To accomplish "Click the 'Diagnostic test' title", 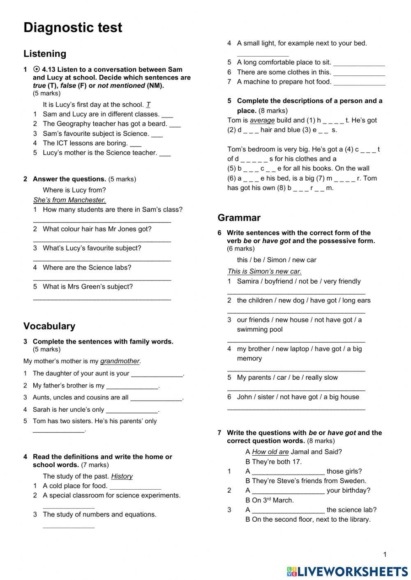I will pyautogui.click(x=73, y=28).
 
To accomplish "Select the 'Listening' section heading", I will pyautogui.click(x=45, y=54).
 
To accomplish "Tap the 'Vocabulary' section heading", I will pyautogui.click(x=49, y=326).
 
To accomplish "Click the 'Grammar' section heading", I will pyautogui.click(x=239, y=218).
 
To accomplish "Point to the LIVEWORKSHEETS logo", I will pyautogui.click(x=347, y=571).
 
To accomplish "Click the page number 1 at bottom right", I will pyautogui.click(x=385, y=555).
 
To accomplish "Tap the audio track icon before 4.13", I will pyautogui.click(x=37, y=69).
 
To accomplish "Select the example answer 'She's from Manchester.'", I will pyautogui.click(x=69, y=200).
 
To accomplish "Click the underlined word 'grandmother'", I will pyautogui.click(x=120, y=361).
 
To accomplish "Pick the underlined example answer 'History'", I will pyautogui.click(x=122, y=476).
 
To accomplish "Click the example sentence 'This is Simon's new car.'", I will pyautogui.click(x=264, y=271).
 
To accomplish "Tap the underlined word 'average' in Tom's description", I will pyautogui.click(x=262, y=120).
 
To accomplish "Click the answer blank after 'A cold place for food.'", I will pyautogui.click(x=135, y=488).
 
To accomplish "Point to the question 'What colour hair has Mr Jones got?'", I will pyautogui.click(x=97, y=229).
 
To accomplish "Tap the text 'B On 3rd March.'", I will pyautogui.click(x=270, y=500).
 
